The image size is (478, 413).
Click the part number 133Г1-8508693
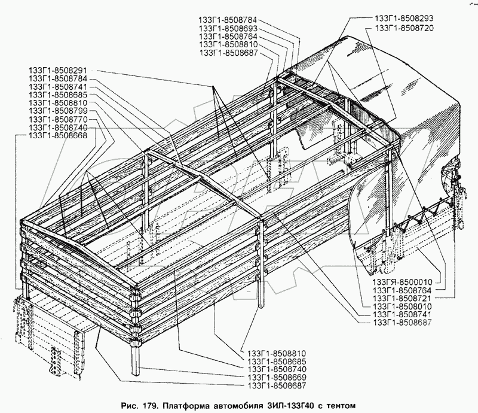[229, 28]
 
